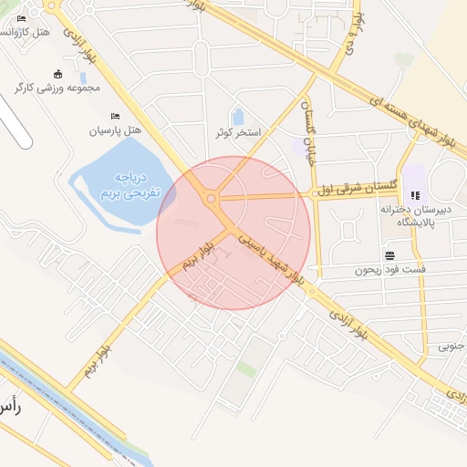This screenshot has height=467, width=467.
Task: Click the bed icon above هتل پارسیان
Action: [x=114, y=116]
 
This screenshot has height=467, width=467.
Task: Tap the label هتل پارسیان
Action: [x=115, y=131]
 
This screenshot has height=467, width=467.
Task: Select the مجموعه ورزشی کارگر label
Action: [x=62, y=88]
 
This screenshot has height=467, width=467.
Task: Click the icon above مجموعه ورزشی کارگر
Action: [x=59, y=74]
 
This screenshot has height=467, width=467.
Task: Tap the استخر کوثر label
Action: [x=238, y=133]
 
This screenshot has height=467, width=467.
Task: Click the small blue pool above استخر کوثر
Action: [x=238, y=117]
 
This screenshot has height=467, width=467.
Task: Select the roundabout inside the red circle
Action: [x=211, y=198]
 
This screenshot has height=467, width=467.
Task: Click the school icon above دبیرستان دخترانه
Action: [x=416, y=194]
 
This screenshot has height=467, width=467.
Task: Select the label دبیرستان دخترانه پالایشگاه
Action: [x=416, y=215]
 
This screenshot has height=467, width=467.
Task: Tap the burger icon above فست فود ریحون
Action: [x=390, y=255]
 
